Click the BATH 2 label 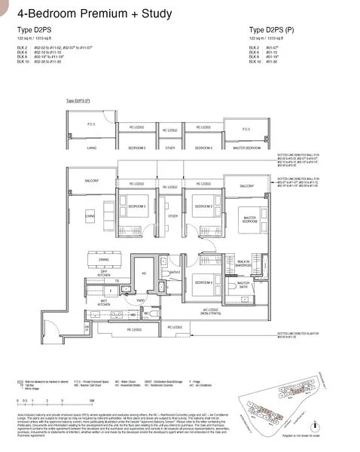(175, 272)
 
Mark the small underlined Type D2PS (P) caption (78, 100)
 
